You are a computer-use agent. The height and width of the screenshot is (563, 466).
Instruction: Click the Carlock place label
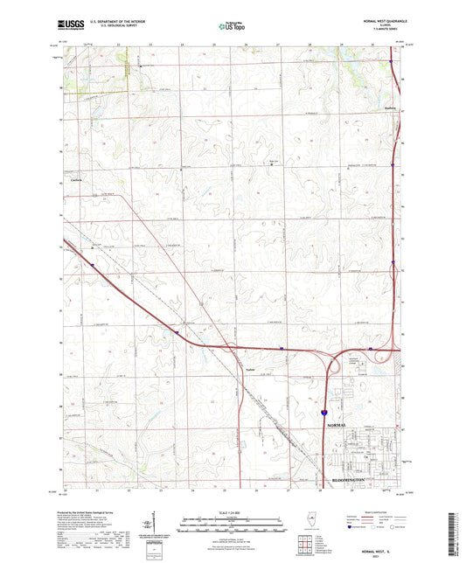click(x=75, y=179)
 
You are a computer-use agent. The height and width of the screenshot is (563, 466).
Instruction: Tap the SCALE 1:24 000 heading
click(x=233, y=511)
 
